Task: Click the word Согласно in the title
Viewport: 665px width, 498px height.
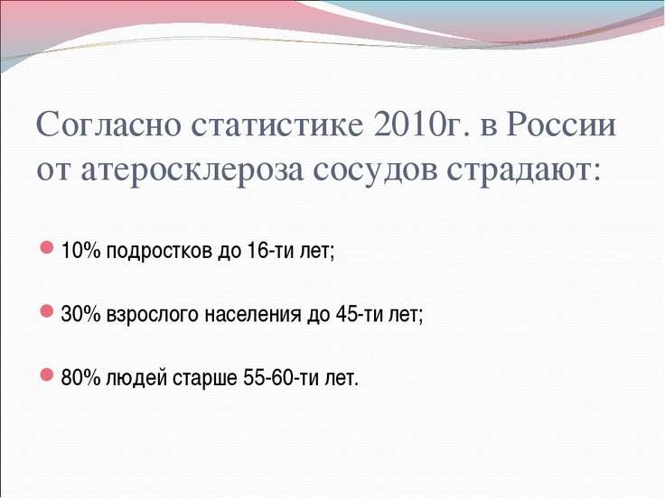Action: pos(108,124)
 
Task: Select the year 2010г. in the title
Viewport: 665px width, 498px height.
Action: pos(422,124)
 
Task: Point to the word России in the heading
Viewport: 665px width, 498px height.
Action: pos(560,124)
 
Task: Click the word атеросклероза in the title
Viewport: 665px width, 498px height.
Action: pos(192,171)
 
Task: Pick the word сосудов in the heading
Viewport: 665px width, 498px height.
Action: pos(375,171)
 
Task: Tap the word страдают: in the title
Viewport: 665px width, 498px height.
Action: pos(524,171)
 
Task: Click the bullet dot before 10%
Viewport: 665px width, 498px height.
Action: pos(46,247)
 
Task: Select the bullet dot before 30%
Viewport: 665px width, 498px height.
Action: pos(46,311)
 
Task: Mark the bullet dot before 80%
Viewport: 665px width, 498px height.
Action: pos(46,374)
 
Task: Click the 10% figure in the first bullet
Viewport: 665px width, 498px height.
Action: pos(80,250)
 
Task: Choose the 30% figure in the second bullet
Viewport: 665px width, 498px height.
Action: pos(80,314)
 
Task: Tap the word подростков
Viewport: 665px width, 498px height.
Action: pos(159,252)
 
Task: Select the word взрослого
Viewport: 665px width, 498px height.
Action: pos(153,316)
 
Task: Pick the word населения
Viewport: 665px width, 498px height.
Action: pos(253,315)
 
